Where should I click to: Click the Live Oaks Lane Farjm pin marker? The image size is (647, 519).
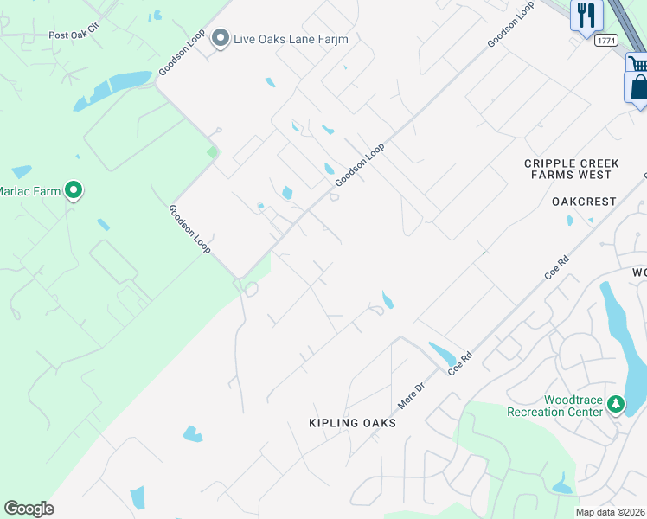pos(221,38)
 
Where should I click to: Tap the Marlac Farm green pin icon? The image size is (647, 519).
pos(74,190)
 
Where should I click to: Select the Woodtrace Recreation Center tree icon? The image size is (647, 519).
pos(615,404)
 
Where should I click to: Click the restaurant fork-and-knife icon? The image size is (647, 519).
pos(586,15)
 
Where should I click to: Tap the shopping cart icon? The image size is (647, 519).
pos(638,63)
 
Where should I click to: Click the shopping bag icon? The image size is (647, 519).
pos(638,88)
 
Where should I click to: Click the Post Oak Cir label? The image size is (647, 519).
pos(74,35)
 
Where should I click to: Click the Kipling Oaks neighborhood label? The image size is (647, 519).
pos(352,423)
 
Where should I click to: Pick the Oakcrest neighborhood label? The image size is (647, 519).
pos(584,202)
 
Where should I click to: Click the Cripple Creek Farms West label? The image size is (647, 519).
pos(573,169)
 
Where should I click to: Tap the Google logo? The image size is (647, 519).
pos(29,509)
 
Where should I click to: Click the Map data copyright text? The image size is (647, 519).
pos(611,512)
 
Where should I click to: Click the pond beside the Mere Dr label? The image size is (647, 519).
pos(442,353)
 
